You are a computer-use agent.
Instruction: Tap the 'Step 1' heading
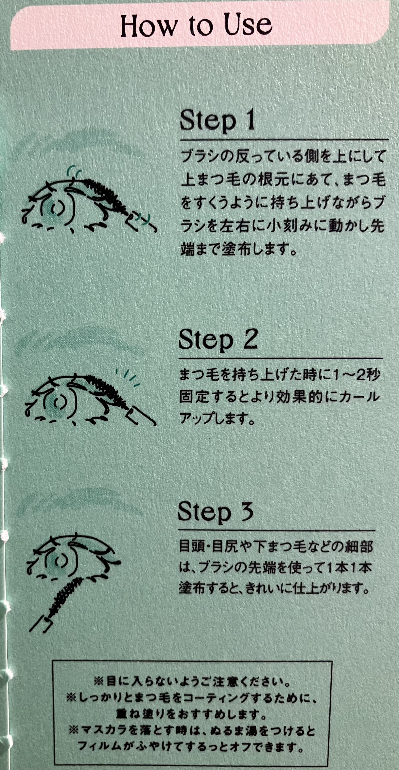pos(217,120)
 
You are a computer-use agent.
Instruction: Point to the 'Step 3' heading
pos(216,512)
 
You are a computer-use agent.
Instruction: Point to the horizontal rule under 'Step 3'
pos(276,530)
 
